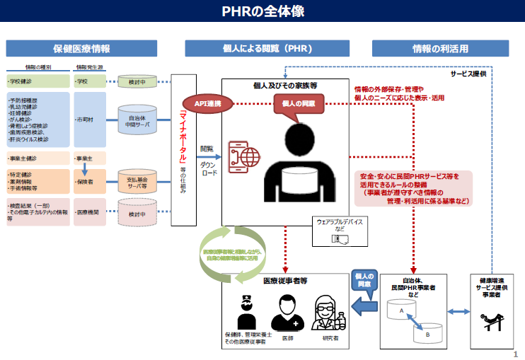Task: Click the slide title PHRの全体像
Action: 262,12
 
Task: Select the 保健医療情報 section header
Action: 82,48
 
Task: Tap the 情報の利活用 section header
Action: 439,48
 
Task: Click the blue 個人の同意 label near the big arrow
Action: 364,279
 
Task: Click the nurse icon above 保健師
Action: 245,312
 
